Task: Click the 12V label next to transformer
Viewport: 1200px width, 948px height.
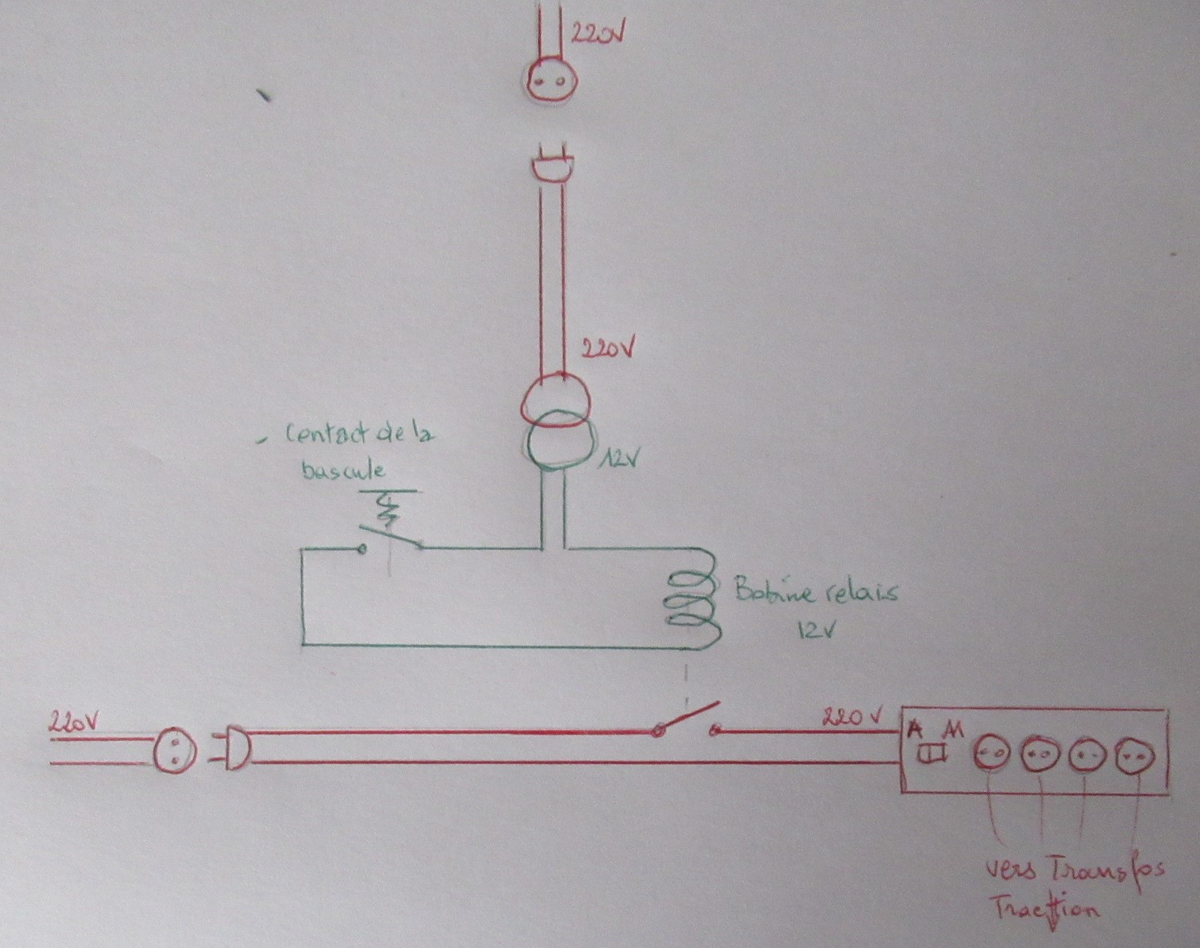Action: [619, 459]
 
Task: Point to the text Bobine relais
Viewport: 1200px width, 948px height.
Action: [815, 592]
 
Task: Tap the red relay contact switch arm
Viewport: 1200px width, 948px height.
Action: [687, 717]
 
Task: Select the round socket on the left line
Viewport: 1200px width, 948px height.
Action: [173, 750]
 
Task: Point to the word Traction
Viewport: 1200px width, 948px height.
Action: [1043, 908]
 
